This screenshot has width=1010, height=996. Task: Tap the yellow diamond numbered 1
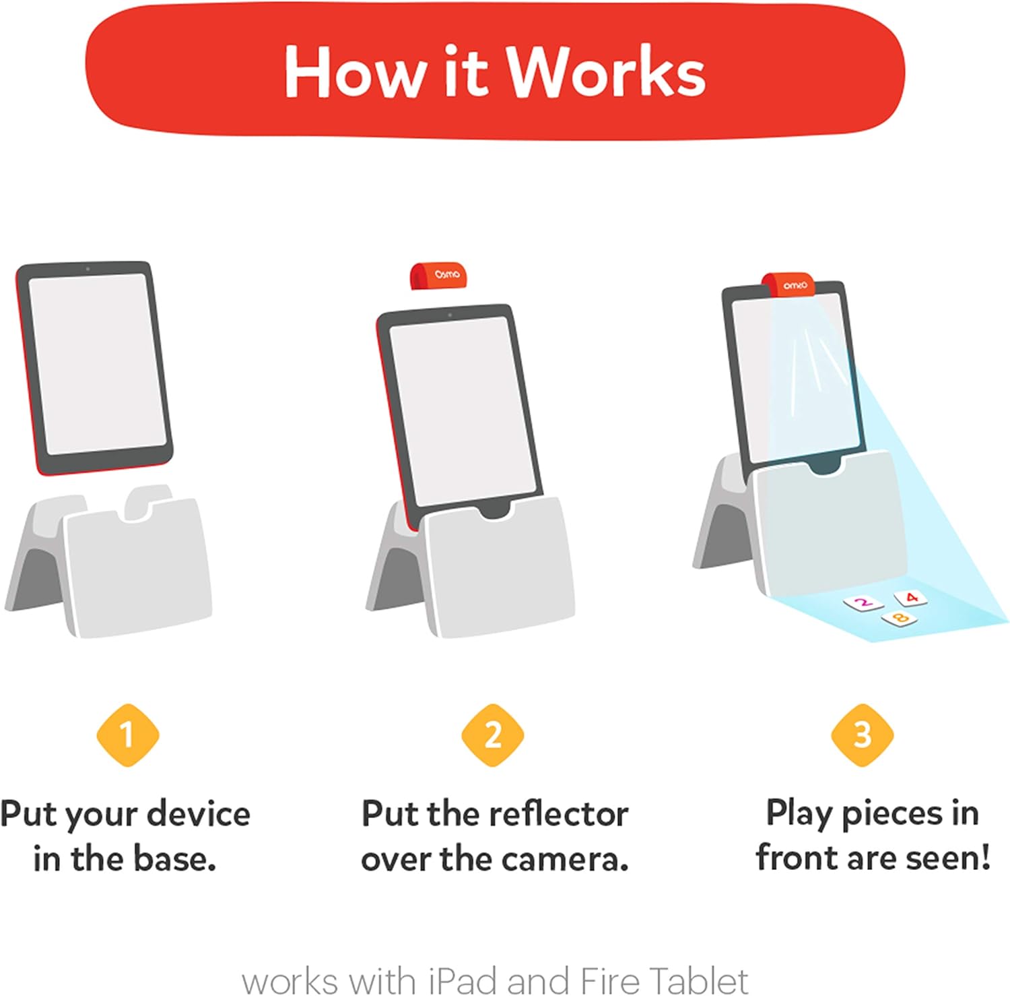click(x=127, y=735)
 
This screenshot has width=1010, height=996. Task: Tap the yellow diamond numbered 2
click(x=493, y=735)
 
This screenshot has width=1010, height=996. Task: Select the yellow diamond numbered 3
click(x=862, y=735)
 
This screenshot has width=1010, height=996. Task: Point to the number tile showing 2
click(x=863, y=602)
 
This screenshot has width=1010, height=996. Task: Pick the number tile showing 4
click(x=910, y=597)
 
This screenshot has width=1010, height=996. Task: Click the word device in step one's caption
click(x=199, y=814)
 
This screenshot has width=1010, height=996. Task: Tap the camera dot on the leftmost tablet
click(x=88, y=270)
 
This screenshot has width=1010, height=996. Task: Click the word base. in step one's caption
click(x=174, y=859)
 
